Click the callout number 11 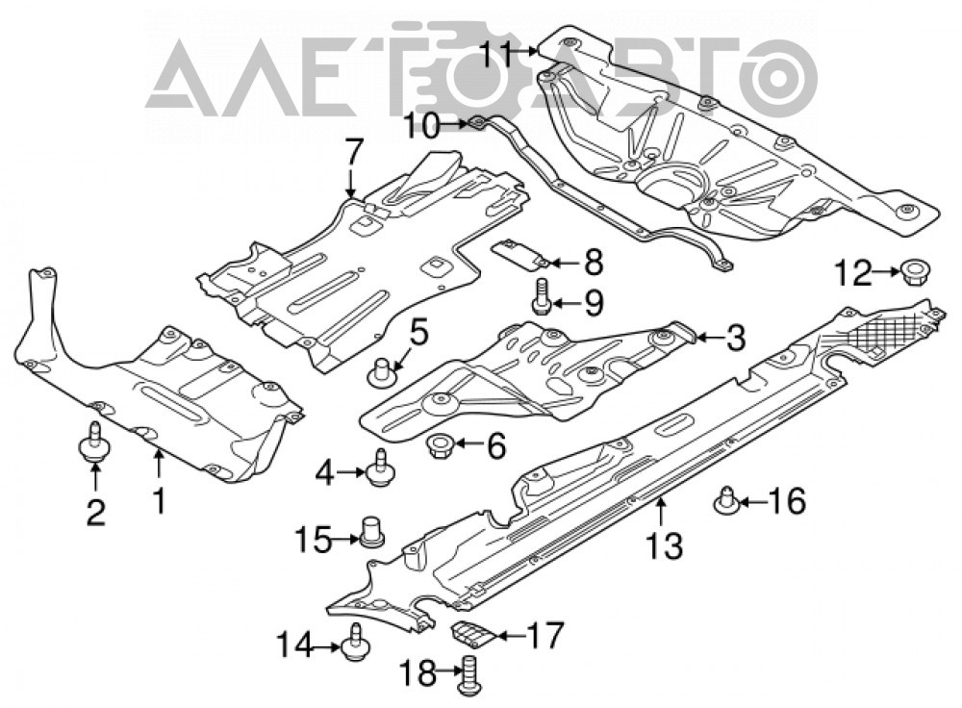pos(497,53)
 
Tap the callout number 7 pos(354,151)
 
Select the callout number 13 pos(664,545)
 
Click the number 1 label pos(160,501)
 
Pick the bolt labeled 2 pos(94,443)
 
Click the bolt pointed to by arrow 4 pos(381,469)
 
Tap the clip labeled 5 pos(381,372)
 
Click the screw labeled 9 pos(540,296)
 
